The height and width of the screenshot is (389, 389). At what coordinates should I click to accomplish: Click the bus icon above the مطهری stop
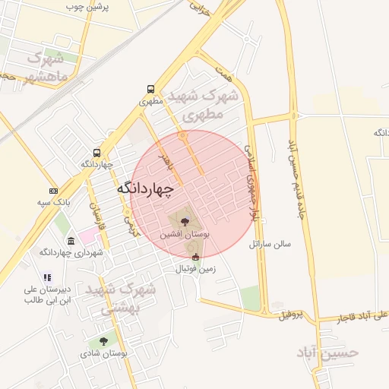pos(150,88)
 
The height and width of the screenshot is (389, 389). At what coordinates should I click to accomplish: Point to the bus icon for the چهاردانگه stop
pos(96,152)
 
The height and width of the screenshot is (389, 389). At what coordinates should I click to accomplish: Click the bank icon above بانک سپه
pos(53,191)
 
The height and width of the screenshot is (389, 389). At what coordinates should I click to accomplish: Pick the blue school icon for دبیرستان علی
pos(47,278)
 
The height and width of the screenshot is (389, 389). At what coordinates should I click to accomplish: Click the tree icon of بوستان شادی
pos(103,342)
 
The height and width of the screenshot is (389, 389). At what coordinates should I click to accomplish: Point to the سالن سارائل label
pos(277,245)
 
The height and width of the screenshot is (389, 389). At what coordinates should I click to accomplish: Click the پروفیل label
pos(291,315)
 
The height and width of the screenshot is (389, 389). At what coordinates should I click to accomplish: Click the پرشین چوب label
pos(87,7)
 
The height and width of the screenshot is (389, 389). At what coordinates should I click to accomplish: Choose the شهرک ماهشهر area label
pos(47,68)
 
